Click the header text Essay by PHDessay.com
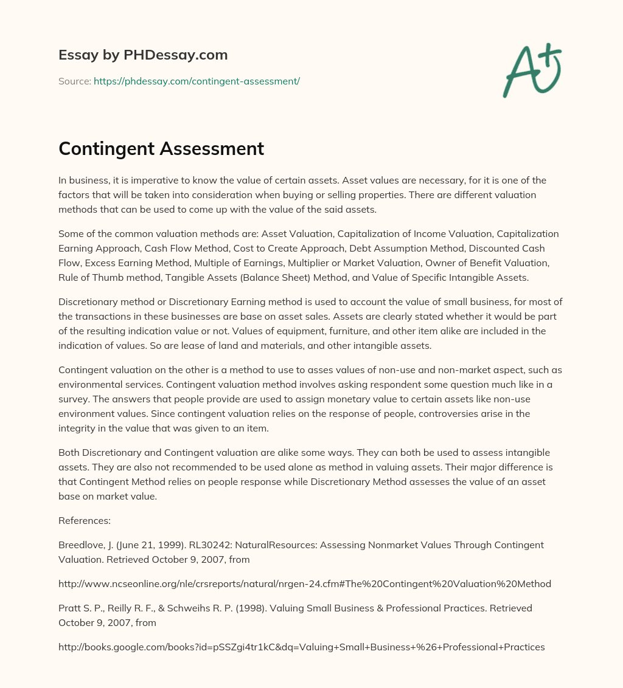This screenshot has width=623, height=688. [143, 55]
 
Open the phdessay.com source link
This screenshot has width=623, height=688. [197, 81]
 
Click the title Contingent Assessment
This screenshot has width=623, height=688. [161, 149]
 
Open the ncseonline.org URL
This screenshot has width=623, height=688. [304, 583]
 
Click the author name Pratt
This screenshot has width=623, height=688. [70, 608]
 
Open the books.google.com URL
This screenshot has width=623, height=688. [301, 647]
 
